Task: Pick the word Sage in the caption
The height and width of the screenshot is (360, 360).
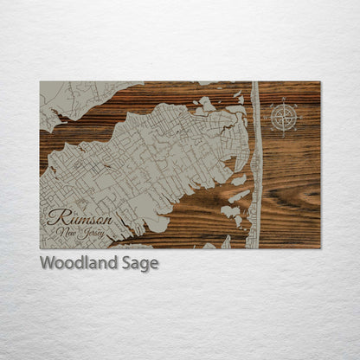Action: pos(141,263)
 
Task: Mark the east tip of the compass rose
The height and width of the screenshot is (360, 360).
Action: pos(299,116)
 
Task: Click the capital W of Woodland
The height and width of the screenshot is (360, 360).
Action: pos(47,262)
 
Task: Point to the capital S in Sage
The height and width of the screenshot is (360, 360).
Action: pos(128,262)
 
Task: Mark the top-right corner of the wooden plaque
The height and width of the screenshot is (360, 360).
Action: pos(319,82)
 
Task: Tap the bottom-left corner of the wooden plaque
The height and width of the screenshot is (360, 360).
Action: pos(40,248)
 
